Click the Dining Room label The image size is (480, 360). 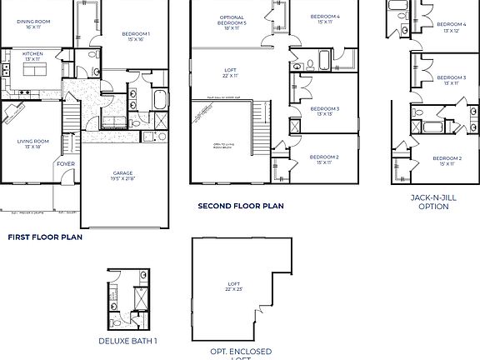[x=32, y=22]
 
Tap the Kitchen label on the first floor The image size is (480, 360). [x=32, y=54]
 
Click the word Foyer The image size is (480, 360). [x=65, y=164]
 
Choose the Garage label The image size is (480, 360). [x=122, y=173]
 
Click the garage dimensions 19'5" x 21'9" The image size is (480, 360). [x=122, y=179]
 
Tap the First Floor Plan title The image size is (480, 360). [x=45, y=237]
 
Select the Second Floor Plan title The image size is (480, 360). [x=240, y=205]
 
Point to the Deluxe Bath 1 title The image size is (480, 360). [x=127, y=340]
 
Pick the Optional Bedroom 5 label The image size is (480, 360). [x=232, y=22]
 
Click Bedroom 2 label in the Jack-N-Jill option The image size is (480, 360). [x=447, y=158]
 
